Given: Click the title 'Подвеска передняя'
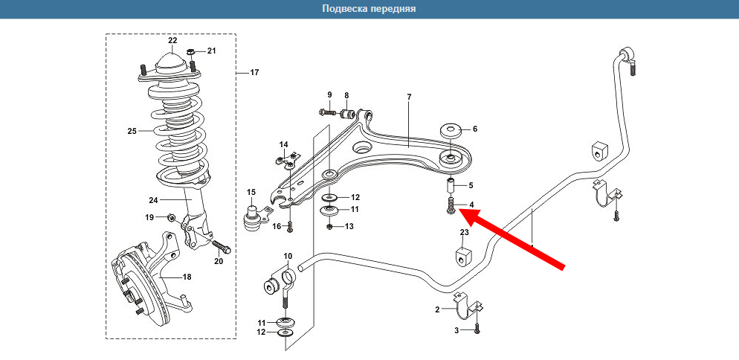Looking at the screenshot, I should pos(369,9).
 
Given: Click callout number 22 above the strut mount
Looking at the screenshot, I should pos(172,40).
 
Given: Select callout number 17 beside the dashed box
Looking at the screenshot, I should pos(254,73).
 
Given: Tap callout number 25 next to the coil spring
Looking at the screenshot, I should pos(132,132).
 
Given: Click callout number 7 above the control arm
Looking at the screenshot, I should pos(409,97).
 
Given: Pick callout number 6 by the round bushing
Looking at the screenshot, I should pos(475,129).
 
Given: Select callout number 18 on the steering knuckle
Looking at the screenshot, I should pos(187,277).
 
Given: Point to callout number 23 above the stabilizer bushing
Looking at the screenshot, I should pos(464,233).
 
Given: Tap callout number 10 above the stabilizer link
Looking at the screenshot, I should pos(288,257).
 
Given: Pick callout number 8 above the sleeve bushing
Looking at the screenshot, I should pos(346,95).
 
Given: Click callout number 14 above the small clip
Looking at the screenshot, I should pos(283,144).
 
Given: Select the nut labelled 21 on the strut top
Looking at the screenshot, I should pos(191,52).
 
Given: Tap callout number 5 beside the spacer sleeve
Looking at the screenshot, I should pos(471,186).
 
